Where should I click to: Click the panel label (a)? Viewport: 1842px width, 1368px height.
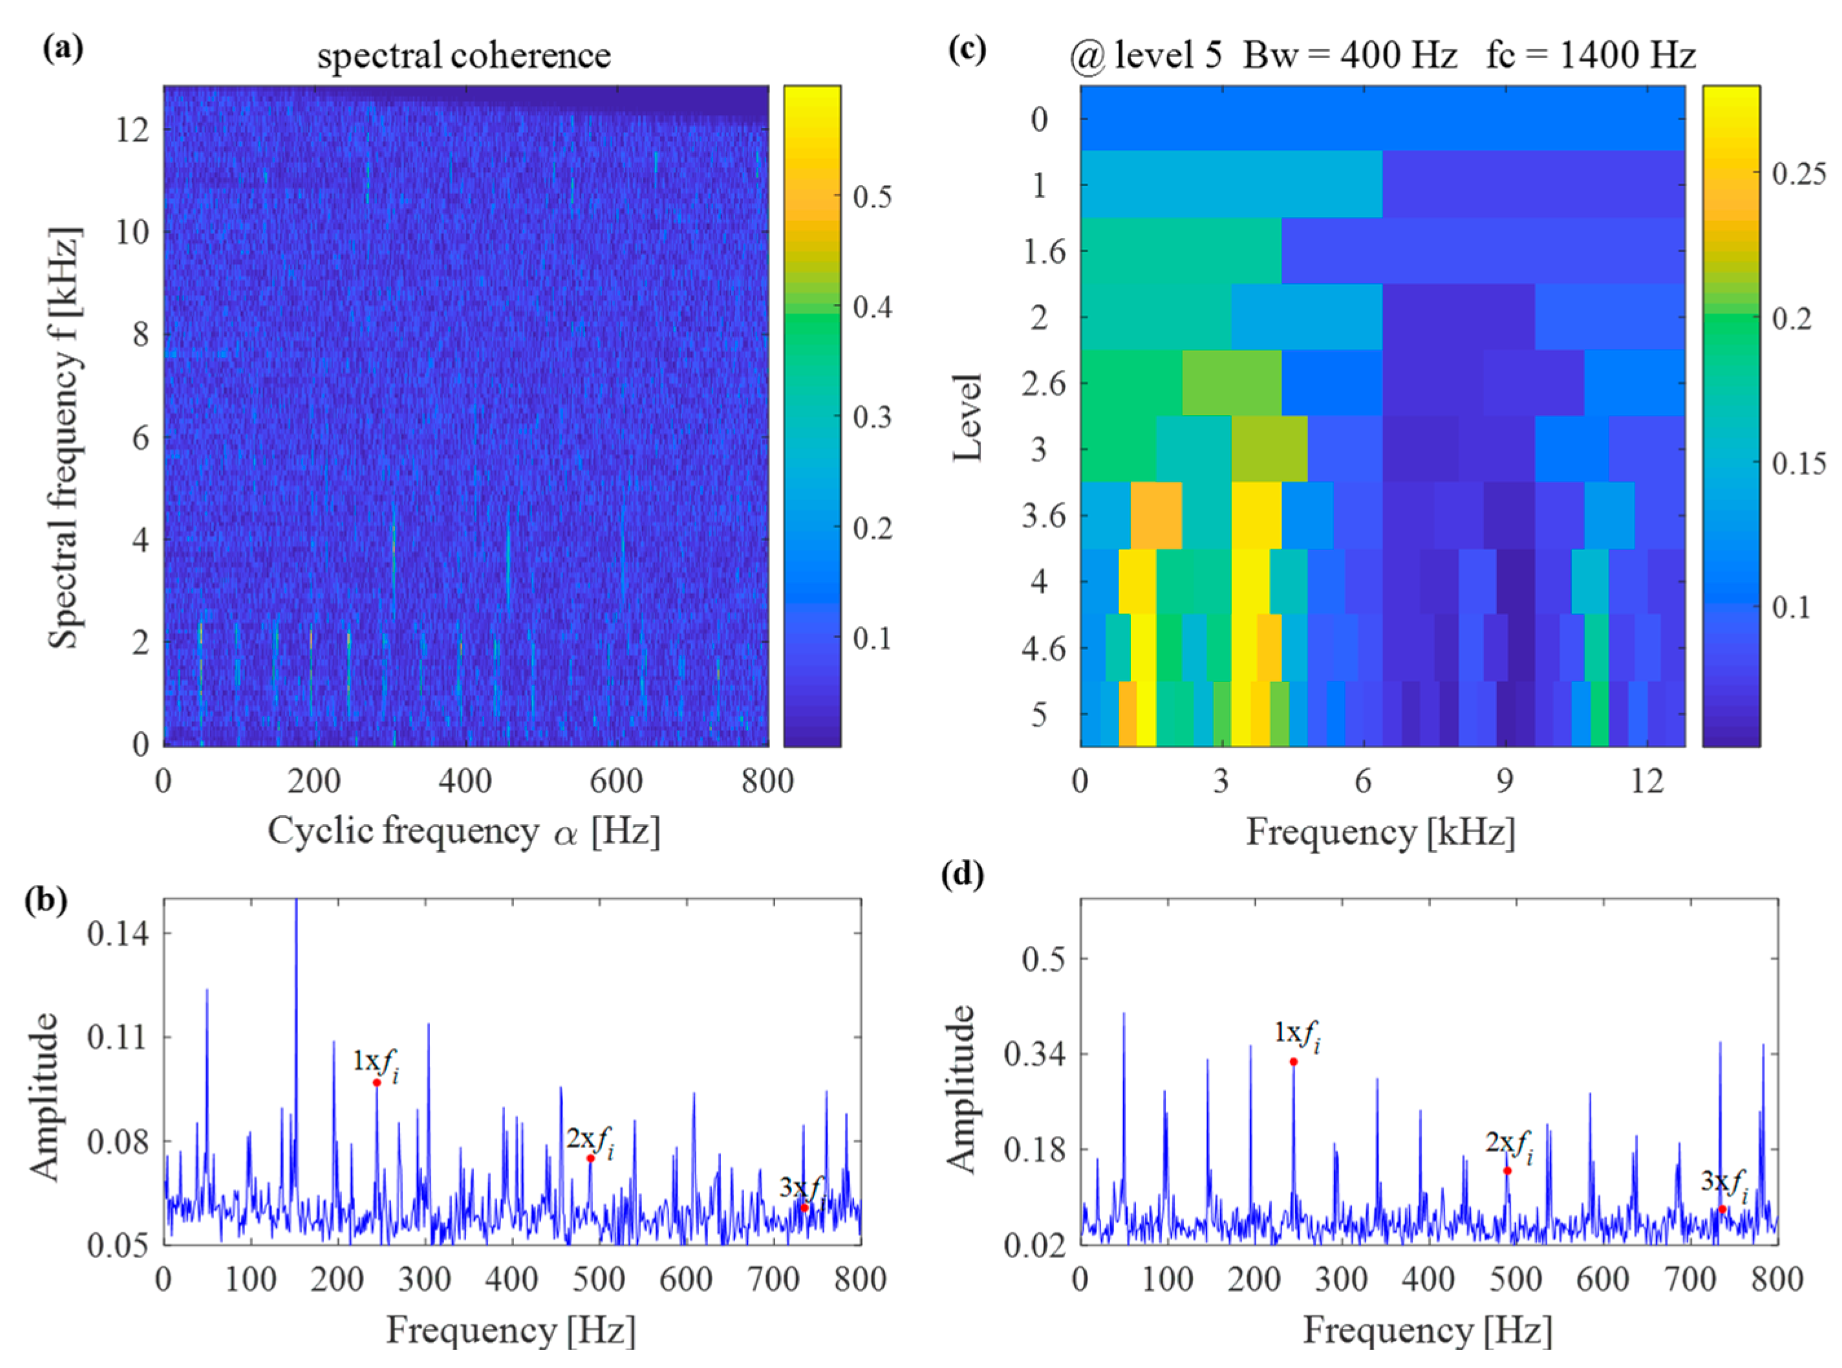[63, 50]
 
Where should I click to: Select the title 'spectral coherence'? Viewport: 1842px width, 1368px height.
[464, 56]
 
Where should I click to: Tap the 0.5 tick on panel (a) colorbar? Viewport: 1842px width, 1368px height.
[873, 197]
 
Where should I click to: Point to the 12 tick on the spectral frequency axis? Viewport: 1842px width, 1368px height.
[133, 129]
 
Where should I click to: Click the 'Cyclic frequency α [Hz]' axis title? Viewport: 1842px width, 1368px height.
[464, 831]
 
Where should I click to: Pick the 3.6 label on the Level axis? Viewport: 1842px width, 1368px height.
[1044, 516]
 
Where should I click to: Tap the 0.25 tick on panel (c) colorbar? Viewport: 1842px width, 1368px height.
[1799, 173]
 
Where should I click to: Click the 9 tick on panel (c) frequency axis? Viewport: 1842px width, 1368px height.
[1505, 781]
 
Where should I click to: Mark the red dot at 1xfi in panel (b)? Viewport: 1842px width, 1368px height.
[377, 1082]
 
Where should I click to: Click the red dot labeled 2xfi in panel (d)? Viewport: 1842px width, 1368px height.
[1507, 1170]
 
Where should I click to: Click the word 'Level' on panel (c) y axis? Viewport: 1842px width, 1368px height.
[967, 416]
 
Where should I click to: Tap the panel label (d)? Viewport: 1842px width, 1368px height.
[963, 875]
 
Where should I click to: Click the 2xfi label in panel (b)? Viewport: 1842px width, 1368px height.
[590, 1140]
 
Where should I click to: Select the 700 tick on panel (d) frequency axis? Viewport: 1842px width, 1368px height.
[1691, 1279]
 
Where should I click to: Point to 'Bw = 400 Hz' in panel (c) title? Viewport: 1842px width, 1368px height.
[1350, 56]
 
